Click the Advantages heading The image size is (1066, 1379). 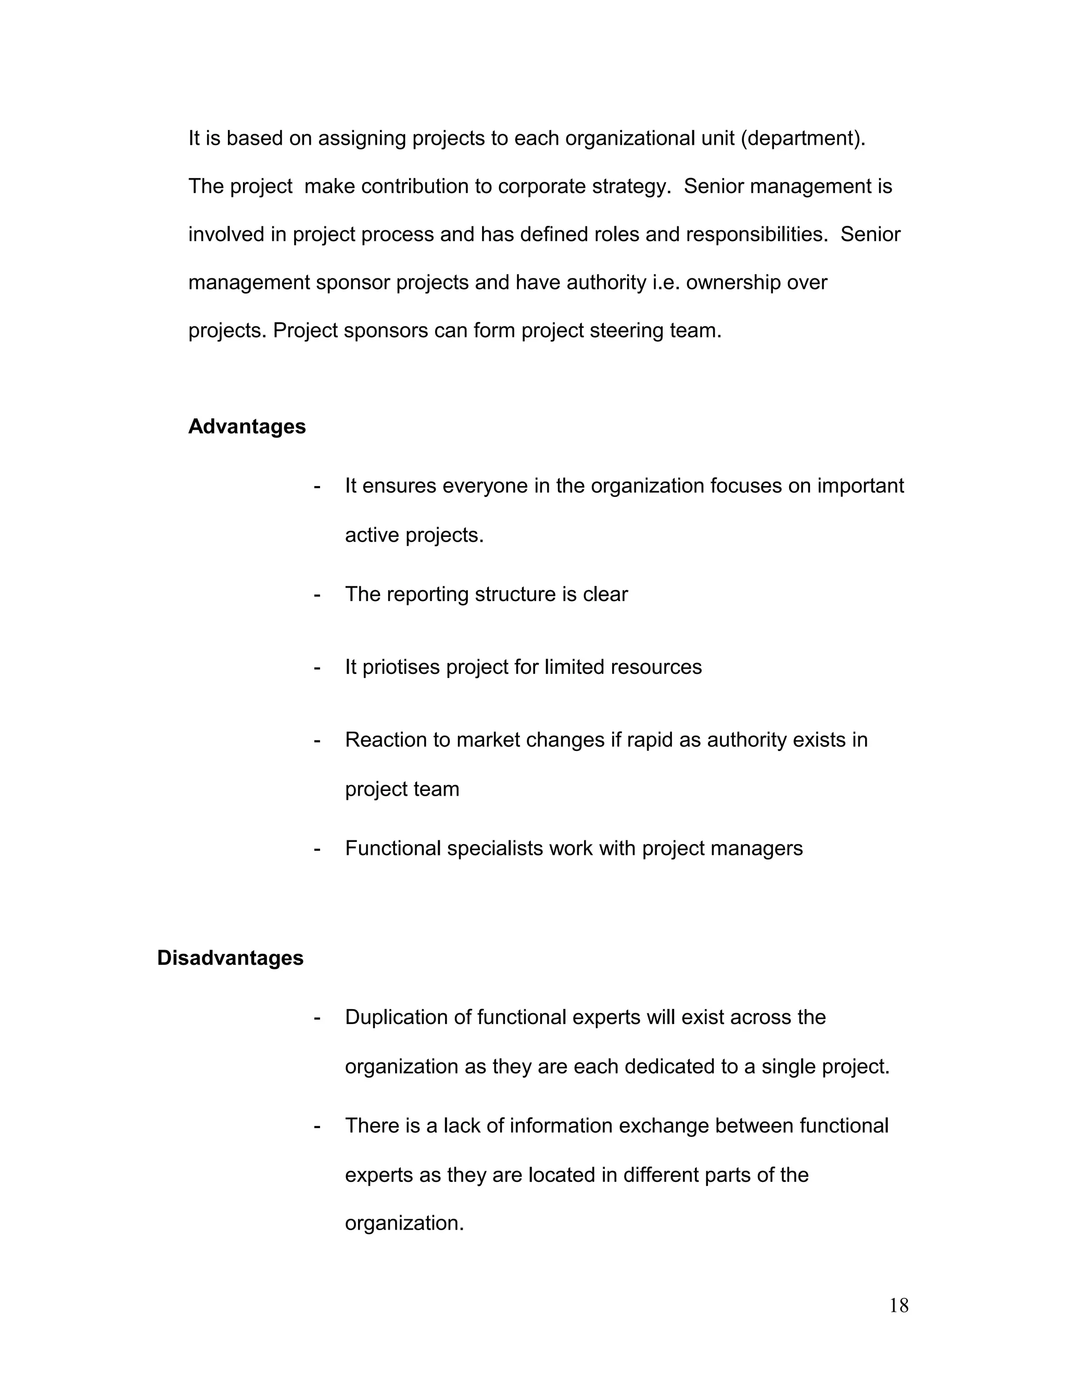[x=246, y=427]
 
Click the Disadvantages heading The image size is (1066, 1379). [x=230, y=958]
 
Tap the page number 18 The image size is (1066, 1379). [x=898, y=1306]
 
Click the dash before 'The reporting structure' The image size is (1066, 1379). [x=317, y=595]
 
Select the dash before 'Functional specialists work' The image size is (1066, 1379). [x=317, y=849]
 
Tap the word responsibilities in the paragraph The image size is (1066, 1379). [x=756, y=235]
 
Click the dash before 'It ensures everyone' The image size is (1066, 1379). [x=317, y=486]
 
